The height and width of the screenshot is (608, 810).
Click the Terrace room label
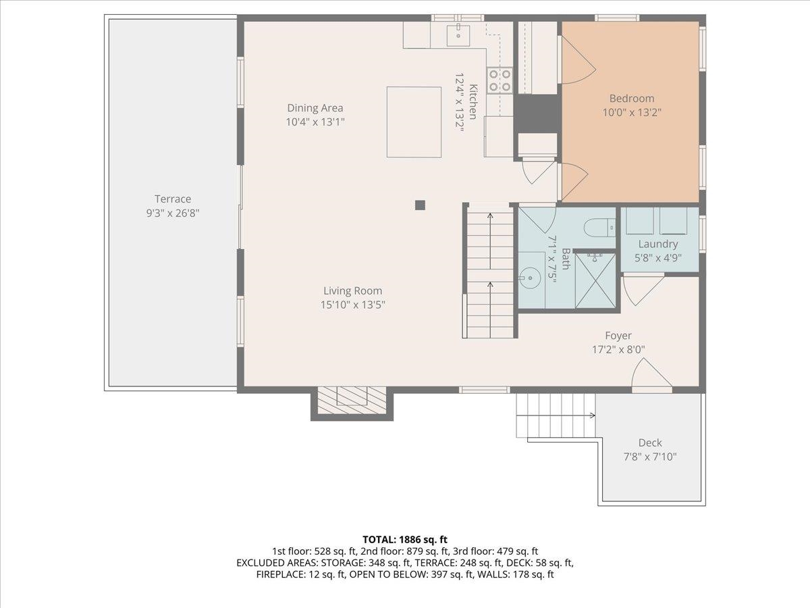(173, 199)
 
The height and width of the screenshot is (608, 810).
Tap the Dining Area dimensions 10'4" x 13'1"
(315, 122)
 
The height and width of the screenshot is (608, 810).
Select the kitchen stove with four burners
(500, 80)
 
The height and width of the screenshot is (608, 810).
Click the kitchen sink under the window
(458, 35)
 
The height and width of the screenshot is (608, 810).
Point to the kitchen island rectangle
(414, 122)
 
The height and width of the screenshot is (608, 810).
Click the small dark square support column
(420, 205)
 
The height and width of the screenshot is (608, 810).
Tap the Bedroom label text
(632, 99)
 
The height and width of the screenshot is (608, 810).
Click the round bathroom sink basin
(531, 278)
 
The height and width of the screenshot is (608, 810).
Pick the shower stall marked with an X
(595, 281)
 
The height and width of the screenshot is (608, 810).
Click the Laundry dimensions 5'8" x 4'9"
(657, 257)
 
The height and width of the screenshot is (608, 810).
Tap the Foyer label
(618, 336)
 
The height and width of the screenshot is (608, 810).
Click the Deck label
(650, 442)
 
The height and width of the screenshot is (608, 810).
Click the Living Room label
(353, 291)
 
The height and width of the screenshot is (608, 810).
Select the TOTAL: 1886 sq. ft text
(405, 540)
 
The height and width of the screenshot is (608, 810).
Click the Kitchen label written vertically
(473, 101)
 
